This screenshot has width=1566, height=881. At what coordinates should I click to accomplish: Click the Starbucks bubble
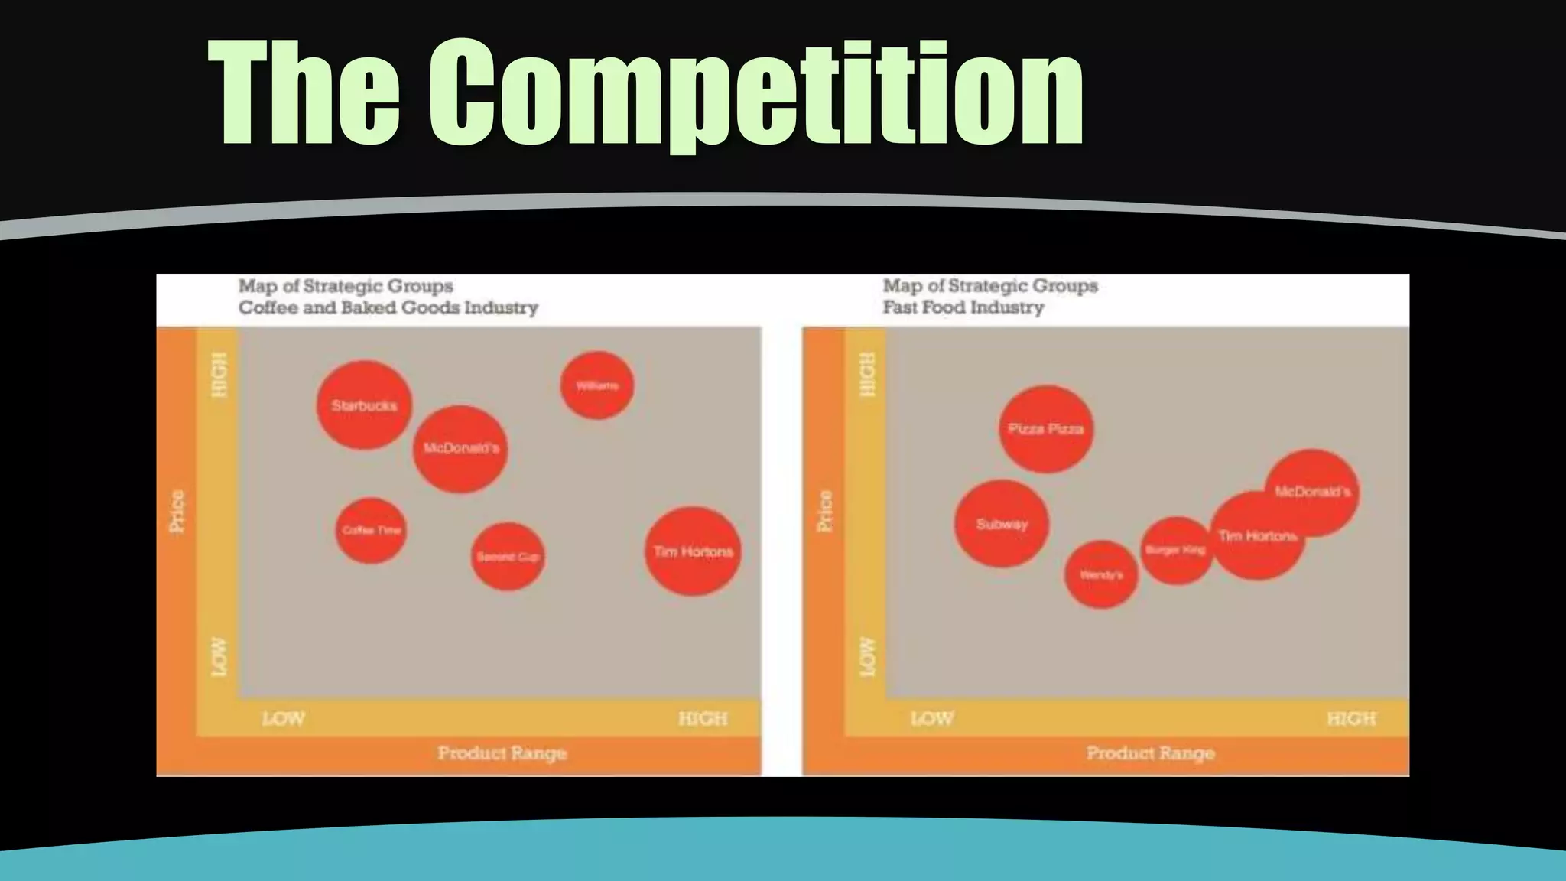click(364, 405)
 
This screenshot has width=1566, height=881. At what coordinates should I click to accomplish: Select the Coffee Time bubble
click(371, 530)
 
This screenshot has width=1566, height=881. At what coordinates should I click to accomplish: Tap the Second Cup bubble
click(508, 556)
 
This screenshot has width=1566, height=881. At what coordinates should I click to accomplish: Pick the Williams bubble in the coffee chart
click(596, 385)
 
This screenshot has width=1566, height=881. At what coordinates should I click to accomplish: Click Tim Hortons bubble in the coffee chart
click(693, 551)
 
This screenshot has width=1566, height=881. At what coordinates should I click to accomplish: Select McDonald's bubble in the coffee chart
click(460, 448)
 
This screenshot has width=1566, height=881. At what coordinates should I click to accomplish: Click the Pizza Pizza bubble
click(1045, 429)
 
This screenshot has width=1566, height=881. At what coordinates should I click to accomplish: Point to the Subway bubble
click(1002, 524)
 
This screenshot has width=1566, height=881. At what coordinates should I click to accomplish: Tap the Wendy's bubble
click(1101, 574)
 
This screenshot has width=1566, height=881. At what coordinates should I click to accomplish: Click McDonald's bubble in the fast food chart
click(1313, 492)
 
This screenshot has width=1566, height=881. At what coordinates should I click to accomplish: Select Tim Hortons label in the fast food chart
click(1257, 536)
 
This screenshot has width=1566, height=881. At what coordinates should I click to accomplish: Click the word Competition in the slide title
click(755, 93)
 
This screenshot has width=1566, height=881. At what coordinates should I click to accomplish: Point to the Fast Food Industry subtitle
click(963, 307)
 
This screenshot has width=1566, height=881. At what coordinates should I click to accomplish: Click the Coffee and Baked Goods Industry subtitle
click(388, 307)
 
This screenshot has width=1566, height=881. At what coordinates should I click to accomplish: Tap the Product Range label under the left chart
click(502, 753)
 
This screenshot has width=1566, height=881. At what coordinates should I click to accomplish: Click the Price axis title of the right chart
click(824, 511)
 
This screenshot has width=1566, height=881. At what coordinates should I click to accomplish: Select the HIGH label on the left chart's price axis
click(219, 375)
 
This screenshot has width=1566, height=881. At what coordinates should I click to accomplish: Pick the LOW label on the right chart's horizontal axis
click(931, 719)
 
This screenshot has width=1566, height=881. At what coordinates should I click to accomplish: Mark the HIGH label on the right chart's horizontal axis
click(1351, 719)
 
